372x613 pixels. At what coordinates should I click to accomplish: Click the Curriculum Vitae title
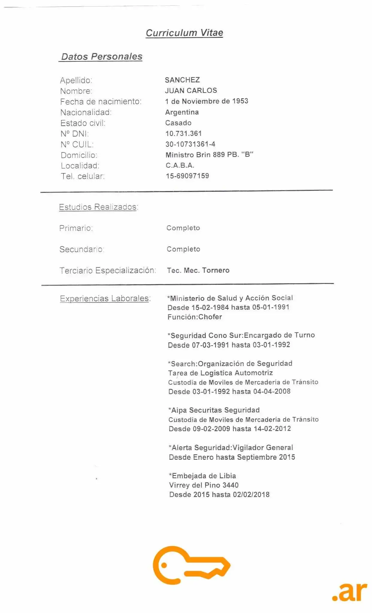[184, 33]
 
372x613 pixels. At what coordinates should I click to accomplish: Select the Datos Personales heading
[102, 56]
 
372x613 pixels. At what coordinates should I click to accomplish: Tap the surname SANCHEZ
[182, 80]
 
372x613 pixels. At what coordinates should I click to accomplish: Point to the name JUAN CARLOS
[191, 90]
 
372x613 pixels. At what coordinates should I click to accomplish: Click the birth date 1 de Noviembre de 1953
[206, 101]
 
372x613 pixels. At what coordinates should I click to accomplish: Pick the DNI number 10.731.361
[184, 134]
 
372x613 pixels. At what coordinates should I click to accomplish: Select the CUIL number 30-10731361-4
[190, 144]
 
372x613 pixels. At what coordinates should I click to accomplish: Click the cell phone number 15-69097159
[187, 176]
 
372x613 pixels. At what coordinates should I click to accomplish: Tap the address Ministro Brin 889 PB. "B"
[209, 155]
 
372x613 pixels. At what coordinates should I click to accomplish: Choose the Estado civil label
[83, 123]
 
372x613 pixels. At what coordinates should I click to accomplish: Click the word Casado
[178, 123]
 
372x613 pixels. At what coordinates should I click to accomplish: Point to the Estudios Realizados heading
[98, 207]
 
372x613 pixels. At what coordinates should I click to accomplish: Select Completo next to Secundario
[183, 249]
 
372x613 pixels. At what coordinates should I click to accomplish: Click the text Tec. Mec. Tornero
[198, 270]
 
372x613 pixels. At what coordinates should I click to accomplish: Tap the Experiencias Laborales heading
[105, 298]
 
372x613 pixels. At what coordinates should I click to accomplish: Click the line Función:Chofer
[195, 317]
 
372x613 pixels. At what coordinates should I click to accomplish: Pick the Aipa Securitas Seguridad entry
[214, 410]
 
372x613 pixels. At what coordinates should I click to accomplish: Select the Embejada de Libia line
[202, 476]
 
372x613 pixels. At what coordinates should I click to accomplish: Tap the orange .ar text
[350, 591]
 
